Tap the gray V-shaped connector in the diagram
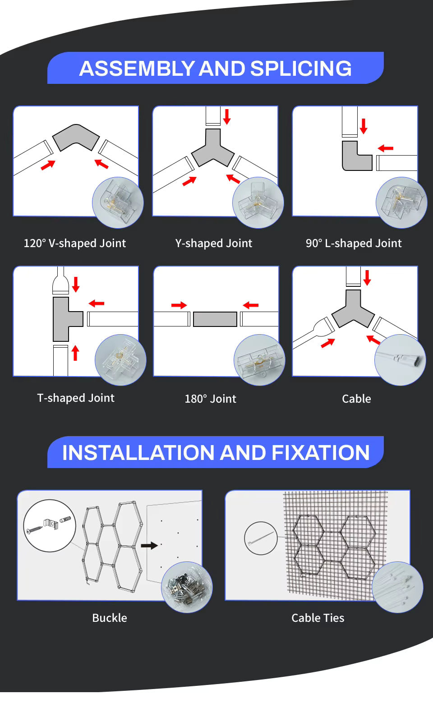[76, 137]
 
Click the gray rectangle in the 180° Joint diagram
[215, 319]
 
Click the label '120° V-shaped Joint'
[75, 244]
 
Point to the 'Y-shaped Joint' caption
[213, 244]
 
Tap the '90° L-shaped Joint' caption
[354, 244]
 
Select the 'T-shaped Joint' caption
[76, 398]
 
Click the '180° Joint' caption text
[210, 399]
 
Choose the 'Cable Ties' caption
[318, 618]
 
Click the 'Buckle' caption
[110, 618]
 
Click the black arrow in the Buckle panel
[149, 546]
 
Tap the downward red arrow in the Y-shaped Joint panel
[227, 116]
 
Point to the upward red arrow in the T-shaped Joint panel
[75, 353]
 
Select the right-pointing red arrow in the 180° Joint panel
[179, 305]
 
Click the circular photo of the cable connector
[400, 360]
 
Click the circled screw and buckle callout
[50, 525]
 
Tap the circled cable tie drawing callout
[261, 538]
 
